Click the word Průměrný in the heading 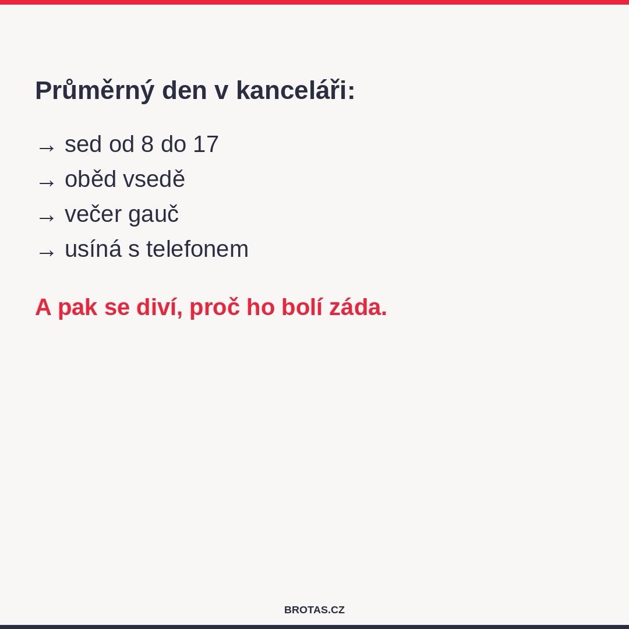[x=94, y=91]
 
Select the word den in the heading [x=184, y=91]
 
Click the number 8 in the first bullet [x=147, y=144]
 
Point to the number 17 [x=206, y=144]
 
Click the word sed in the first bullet [x=83, y=144]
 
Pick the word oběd [x=90, y=179]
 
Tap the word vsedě [x=154, y=179]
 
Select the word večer [x=93, y=214]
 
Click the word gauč [x=153, y=214]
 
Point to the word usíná [x=93, y=249]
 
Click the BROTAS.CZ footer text [x=314, y=610]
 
